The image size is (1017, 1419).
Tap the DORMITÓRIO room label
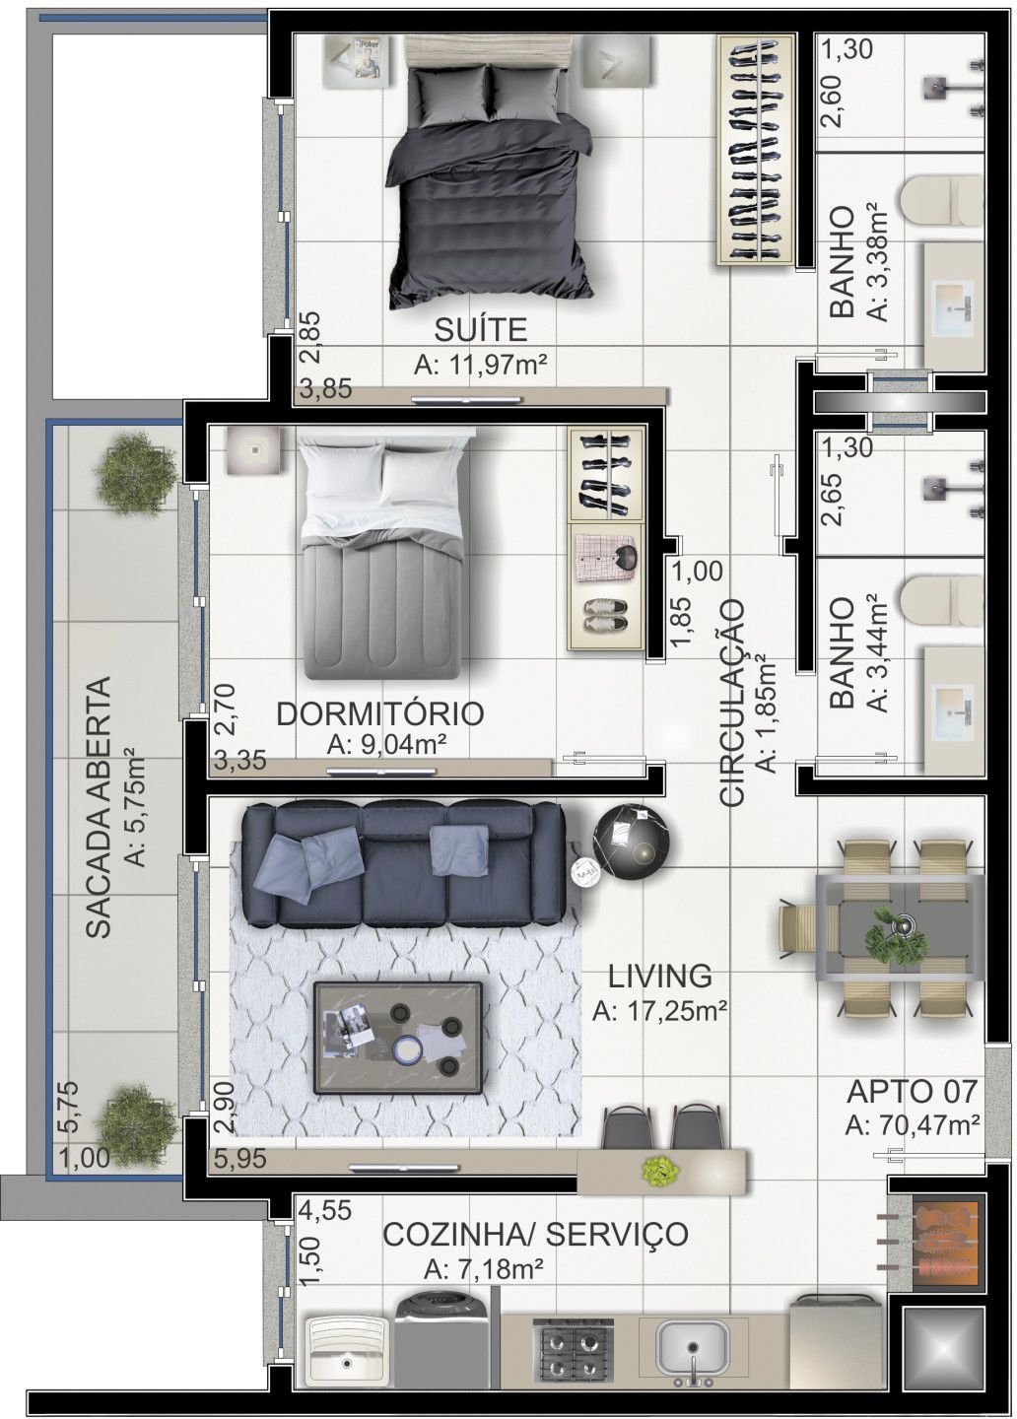[x=380, y=713]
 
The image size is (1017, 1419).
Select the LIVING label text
[x=660, y=976]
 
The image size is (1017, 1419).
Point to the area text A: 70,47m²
[x=912, y=1124]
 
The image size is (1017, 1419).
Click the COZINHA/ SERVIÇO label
[x=535, y=1233]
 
